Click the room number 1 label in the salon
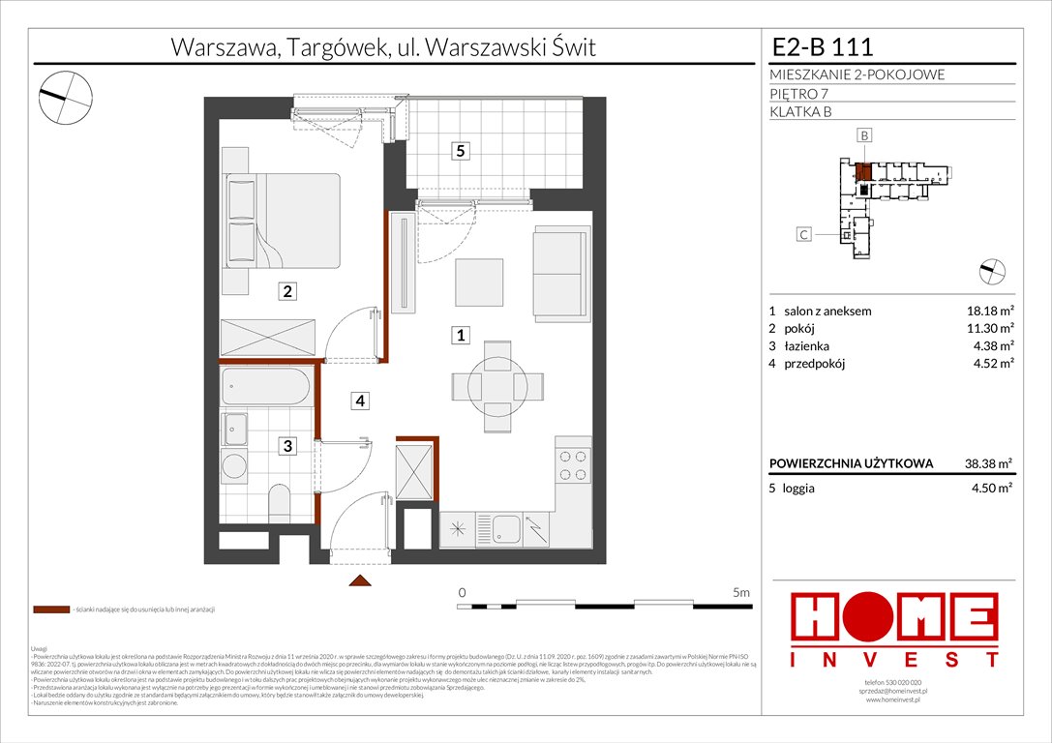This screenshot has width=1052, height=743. click(x=462, y=336)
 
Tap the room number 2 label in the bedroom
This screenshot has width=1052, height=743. click(x=287, y=290)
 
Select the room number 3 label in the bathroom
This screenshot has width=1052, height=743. click(x=287, y=446)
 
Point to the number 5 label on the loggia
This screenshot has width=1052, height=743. click(x=462, y=151)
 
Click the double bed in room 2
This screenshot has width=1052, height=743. click(x=282, y=221)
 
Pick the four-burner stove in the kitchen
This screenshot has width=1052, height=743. click(x=573, y=468)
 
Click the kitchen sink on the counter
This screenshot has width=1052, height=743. click(x=506, y=528)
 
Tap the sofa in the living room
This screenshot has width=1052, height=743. click(x=560, y=274)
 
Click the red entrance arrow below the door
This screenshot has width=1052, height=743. click(x=359, y=580)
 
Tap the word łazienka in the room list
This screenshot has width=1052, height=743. click(x=807, y=346)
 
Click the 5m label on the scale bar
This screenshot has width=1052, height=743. click(x=741, y=591)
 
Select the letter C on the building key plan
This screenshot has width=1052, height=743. click(x=803, y=233)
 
